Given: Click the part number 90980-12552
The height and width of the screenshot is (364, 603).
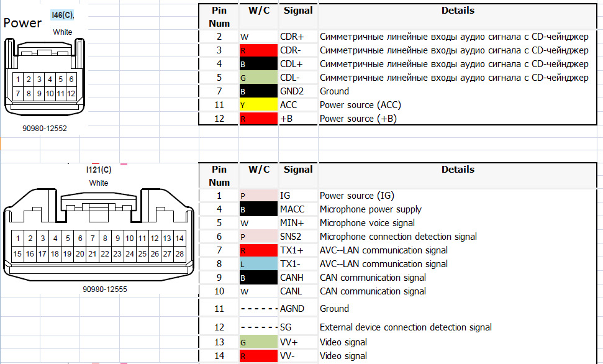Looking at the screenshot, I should pos(43,129).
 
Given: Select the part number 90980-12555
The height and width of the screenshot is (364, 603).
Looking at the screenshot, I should pos(105,289).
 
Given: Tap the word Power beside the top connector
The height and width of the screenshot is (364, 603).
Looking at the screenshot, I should pos(23,23).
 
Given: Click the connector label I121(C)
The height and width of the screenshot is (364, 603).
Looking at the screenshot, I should pos(99,170).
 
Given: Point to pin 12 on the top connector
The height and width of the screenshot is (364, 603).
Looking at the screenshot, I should pos(71,93).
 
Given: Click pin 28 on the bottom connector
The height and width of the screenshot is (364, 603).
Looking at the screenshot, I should pos(179,253).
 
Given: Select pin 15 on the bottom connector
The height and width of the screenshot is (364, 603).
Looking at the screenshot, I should pos(17,253).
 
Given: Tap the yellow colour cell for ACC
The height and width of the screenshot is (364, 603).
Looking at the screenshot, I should pos(258,105).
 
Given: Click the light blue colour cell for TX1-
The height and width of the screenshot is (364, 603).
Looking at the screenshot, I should pos(258,264).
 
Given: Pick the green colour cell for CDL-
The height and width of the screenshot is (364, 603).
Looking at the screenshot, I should pos(258,78).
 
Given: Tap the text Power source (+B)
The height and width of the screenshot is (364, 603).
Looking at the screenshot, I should pos(358,119).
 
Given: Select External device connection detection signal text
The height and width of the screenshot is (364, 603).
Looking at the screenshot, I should pos(406,327).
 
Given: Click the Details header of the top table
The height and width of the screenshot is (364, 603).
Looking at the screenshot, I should pos(458,11).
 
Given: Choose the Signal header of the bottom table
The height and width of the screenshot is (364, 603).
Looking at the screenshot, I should pos(298,170).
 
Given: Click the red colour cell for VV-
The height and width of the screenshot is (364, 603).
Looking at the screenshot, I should pos(258,356).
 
